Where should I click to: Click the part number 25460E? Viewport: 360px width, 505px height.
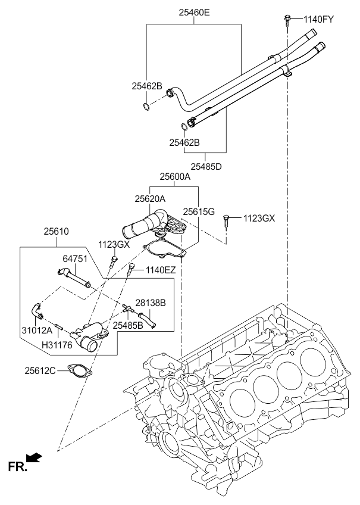(195, 13)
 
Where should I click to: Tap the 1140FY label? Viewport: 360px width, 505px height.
(318, 19)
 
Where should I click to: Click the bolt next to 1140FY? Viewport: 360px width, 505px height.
(287, 20)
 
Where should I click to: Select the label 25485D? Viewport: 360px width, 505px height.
(206, 167)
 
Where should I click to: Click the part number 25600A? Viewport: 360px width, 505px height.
(176, 176)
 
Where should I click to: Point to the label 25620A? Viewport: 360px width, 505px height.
(150, 199)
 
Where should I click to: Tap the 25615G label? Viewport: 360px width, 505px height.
(199, 211)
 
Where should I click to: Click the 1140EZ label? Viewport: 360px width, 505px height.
(161, 270)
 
